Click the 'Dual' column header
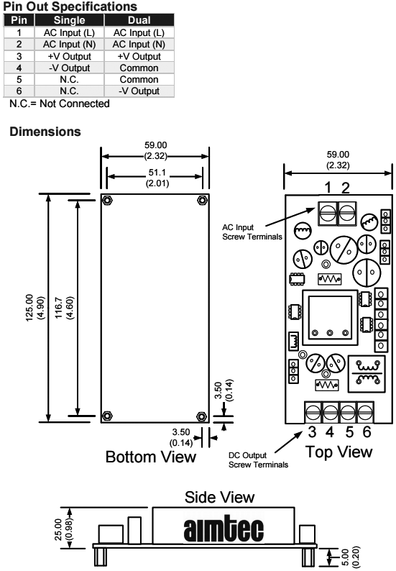[139, 20]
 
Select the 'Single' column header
[69, 20]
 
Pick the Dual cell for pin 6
[139, 91]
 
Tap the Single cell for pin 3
[69, 56]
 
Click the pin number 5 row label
[19, 79]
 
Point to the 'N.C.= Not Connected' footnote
[60, 104]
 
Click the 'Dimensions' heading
[45, 132]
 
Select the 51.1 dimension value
[157, 173]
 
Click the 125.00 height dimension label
[29, 308]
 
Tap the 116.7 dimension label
[59, 308]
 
